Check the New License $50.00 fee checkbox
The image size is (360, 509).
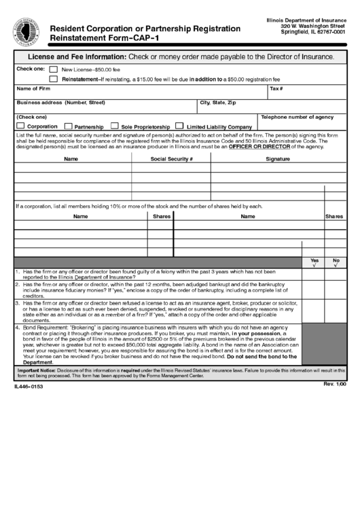tap(53, 69)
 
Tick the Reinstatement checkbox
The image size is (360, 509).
tap(53, 80)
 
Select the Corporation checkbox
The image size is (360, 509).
tap(20, 126)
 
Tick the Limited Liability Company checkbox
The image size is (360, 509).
tap(179, 126)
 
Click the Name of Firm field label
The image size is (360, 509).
tap(33, 89)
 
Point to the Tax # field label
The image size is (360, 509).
tap(276, 89)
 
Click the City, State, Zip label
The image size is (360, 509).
tap(217, 103)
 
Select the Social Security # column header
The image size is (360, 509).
tap(172, 158)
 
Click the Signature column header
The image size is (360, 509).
tap(278, 158)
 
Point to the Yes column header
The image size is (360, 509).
tap(314, 260)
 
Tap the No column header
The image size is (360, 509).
tap(336, 260)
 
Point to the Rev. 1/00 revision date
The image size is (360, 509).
tap(335, 384)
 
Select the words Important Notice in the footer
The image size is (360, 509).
tap(36, 370)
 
